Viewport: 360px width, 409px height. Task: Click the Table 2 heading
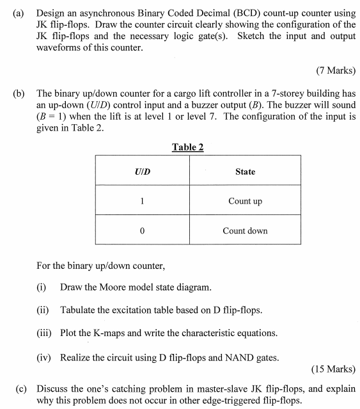[x=188, y=147]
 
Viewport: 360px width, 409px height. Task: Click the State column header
[x=245, y=172]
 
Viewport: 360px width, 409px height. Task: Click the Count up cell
[x=245, y=201]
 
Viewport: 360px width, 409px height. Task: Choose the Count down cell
[x=245, y=230]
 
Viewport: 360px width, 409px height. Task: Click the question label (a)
[x=19, y=13]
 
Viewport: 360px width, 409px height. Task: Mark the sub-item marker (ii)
[x=43, y=310]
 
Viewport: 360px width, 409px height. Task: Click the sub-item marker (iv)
[x=44, y=357]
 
